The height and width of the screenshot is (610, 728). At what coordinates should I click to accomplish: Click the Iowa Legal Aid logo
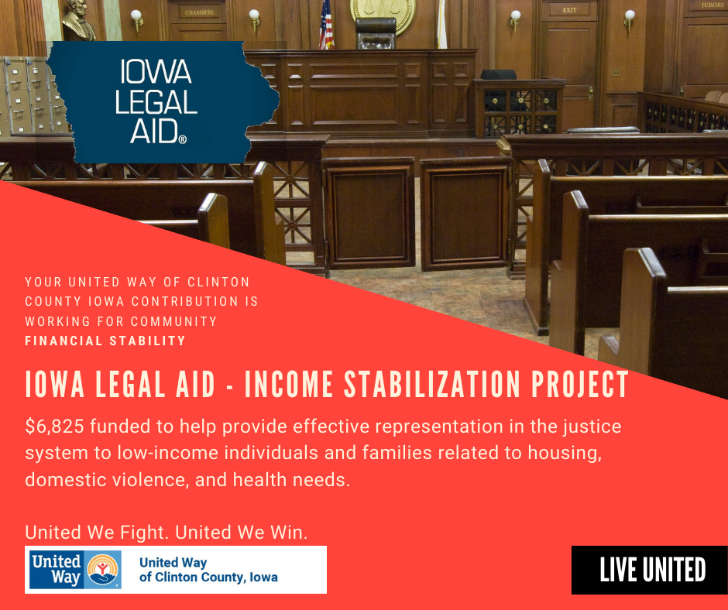[163, 102]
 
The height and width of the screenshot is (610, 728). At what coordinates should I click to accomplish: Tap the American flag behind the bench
[326, 25]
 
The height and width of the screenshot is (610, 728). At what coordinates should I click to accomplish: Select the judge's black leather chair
[376, 33]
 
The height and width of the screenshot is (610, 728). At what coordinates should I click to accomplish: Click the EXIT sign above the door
[569, 10]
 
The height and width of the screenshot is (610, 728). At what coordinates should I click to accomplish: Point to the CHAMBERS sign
[199, 12]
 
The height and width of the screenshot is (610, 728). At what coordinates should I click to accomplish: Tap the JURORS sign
[713, 5]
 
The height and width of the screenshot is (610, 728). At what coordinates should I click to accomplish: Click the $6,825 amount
[54, 427]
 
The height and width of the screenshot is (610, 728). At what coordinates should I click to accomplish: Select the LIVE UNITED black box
[650, 570]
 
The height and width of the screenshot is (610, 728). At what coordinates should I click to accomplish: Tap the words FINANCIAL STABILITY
[105, 341]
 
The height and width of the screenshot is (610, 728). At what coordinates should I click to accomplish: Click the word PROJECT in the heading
[580, 384]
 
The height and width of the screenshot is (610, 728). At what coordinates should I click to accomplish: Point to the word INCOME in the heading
[289, 384]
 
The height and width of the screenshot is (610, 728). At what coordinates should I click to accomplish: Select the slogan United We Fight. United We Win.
[167, 532]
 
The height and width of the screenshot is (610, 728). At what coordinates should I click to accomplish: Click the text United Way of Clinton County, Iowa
[208, 570]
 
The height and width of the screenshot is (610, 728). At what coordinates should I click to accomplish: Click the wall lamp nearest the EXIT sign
[515, 19]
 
